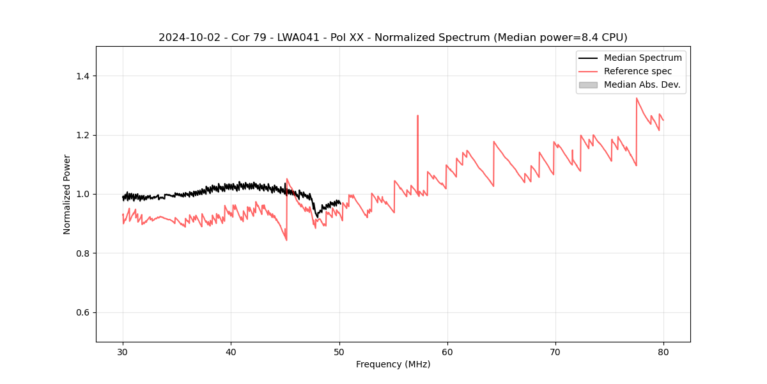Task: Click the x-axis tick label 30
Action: tap(123, 351)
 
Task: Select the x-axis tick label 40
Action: tap(231, 351)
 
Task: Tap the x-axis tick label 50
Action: tap(339, 351)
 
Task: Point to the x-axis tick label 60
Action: tap(447, 351)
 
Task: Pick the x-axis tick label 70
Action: tap(555, 351)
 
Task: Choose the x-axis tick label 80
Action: tap(663, 351)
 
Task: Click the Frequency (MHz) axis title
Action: tap(393, 364)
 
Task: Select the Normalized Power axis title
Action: tap(67, 194)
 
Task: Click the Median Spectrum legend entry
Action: tap(642, 58)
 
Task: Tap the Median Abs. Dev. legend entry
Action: tap(642, 84)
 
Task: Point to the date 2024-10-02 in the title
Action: tap(187, 38)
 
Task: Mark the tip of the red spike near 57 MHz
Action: tap(417, 116)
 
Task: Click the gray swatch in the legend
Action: tap(588, 84)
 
